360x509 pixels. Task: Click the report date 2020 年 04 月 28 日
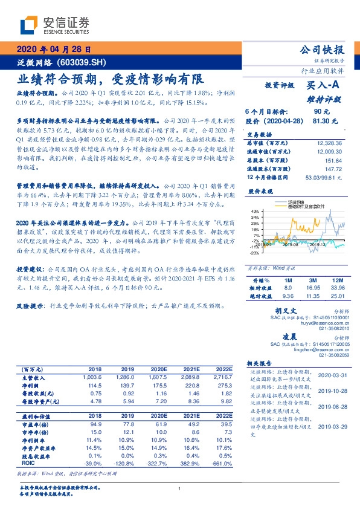(54, 50)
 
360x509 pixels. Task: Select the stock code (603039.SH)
(81, 62)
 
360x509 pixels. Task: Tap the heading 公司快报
(325, 50)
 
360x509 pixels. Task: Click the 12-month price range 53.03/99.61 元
(323, 177)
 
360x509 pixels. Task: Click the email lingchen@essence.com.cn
(321, 349)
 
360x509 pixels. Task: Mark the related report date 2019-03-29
(332, 426)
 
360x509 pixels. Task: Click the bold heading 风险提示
(30, 306)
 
